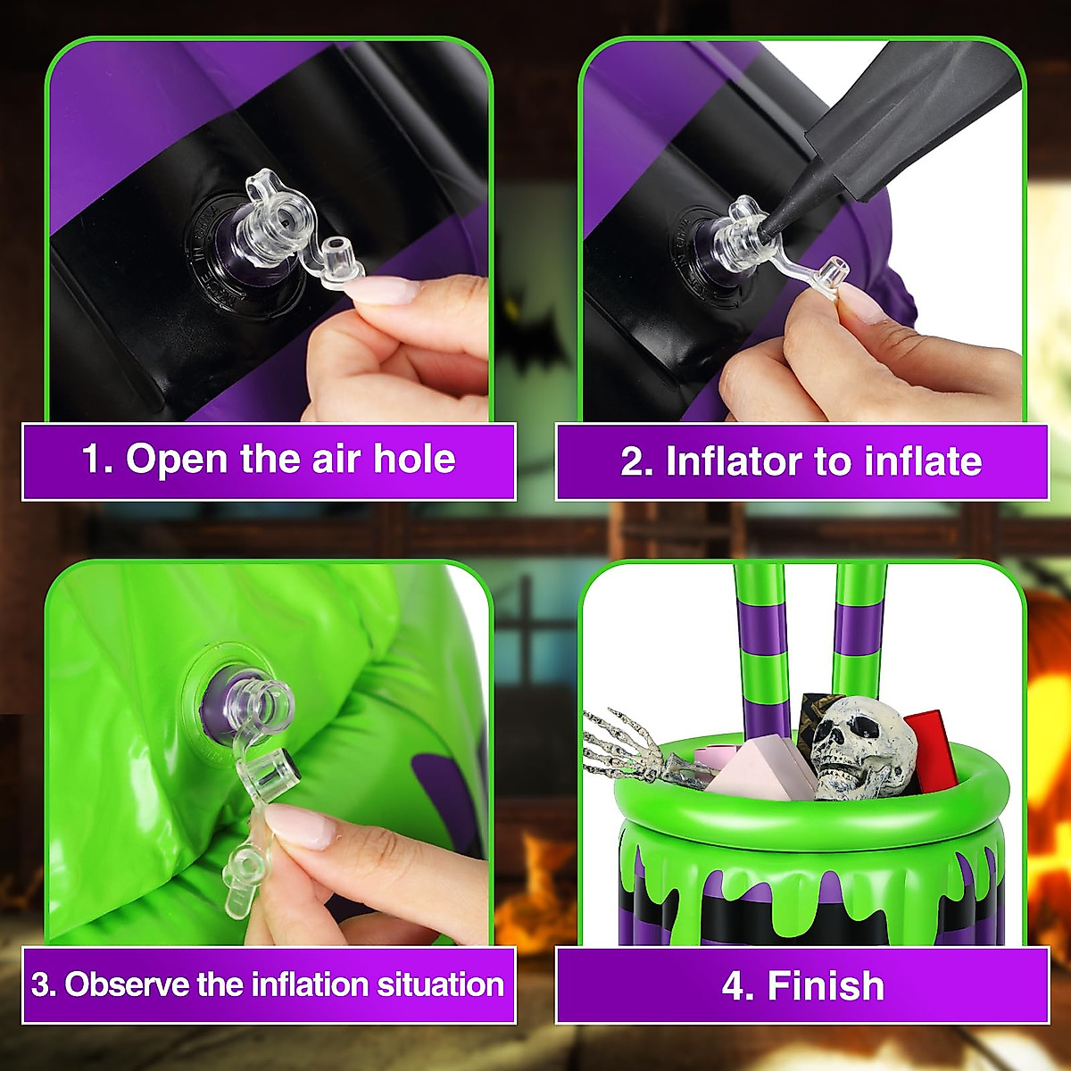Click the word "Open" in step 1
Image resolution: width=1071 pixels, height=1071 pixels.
[x=177, y=460]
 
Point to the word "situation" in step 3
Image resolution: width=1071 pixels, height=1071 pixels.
[x=440, y=984]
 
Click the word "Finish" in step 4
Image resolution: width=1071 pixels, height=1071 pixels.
[x=826, y=986]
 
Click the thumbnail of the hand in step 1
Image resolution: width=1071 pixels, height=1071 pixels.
[x=385, y=290]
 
